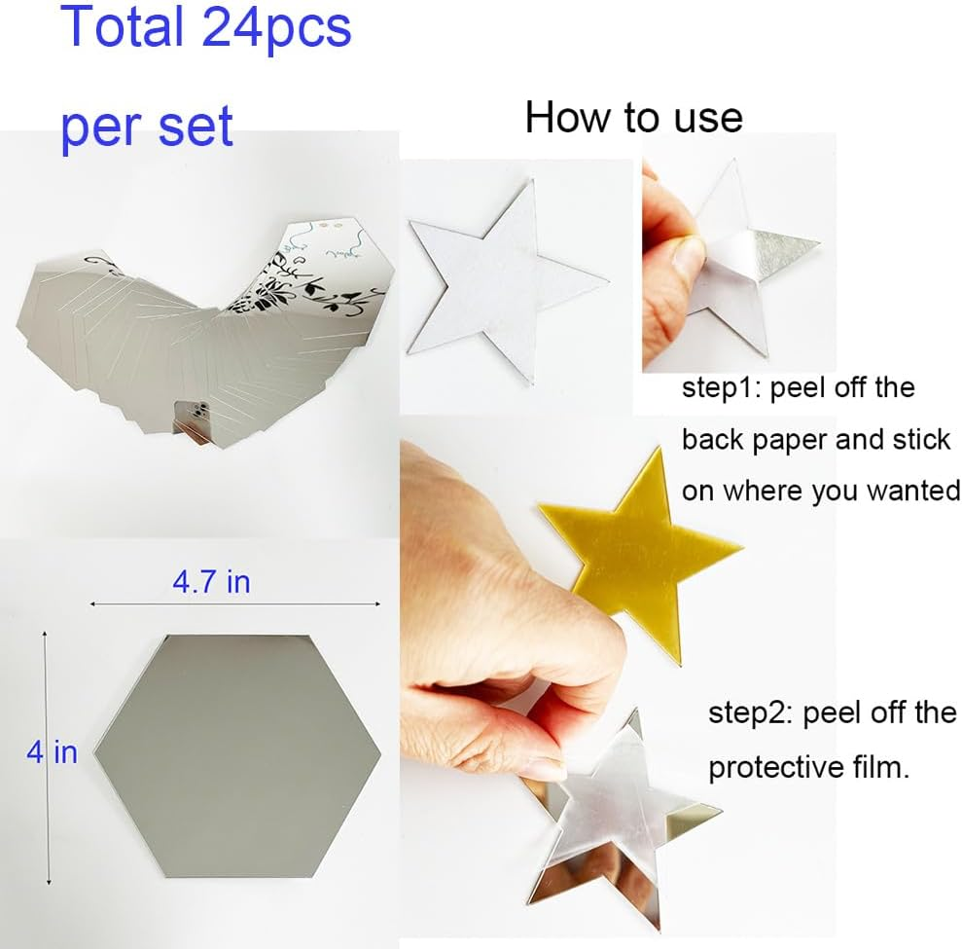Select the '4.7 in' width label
pyautogui.click(x=211, y=582)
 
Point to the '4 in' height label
pyautogui.click(x=52, y=751)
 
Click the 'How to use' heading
pyautogui.click(x=633, y=118)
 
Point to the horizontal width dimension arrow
pyautogui.click(x=233, y=604)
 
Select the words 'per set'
pyautogui.click(x=147, y=128)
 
